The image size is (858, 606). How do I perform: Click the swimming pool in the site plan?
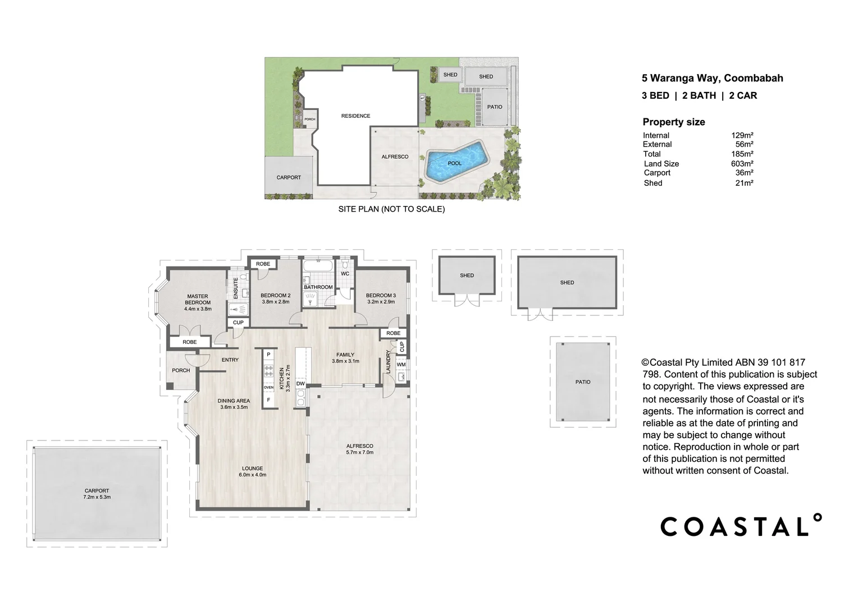pos(455,162)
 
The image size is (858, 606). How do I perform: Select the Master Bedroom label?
pos(198,299)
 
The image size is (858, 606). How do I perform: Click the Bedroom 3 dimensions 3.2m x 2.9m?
pos(381,302)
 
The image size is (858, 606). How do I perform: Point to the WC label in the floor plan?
pos(345,274)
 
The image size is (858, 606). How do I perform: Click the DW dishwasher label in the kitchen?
pos(300,384)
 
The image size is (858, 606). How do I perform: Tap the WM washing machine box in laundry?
pos(401,365)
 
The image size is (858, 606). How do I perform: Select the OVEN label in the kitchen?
pos(268,388)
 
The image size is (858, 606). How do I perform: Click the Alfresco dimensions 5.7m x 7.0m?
pos(359,452)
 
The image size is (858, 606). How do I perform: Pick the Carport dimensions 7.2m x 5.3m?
pos(97,497)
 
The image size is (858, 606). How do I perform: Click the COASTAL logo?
pos(741,526)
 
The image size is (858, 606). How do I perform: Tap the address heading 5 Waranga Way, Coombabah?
pos(712,79)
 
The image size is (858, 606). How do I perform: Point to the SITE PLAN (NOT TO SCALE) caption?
pos(391,209)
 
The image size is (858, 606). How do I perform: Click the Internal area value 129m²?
pos(742,135)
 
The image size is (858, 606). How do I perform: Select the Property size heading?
pos(673,122)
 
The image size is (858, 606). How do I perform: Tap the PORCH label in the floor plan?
pos(181,370)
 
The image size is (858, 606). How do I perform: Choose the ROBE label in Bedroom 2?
pos(263,264)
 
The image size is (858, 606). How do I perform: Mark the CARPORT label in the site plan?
pos(289,177)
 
